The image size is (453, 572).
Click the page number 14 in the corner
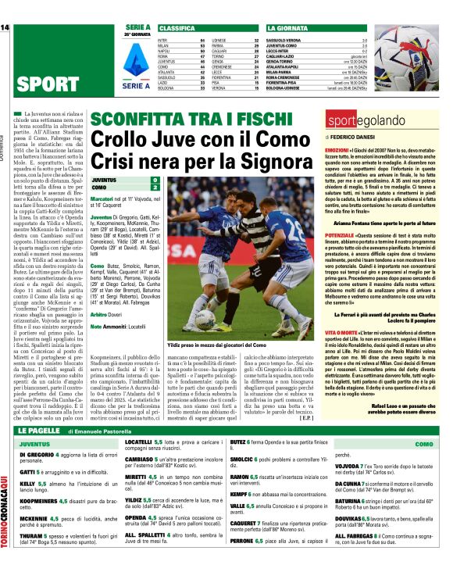click(x=5, y=28)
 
